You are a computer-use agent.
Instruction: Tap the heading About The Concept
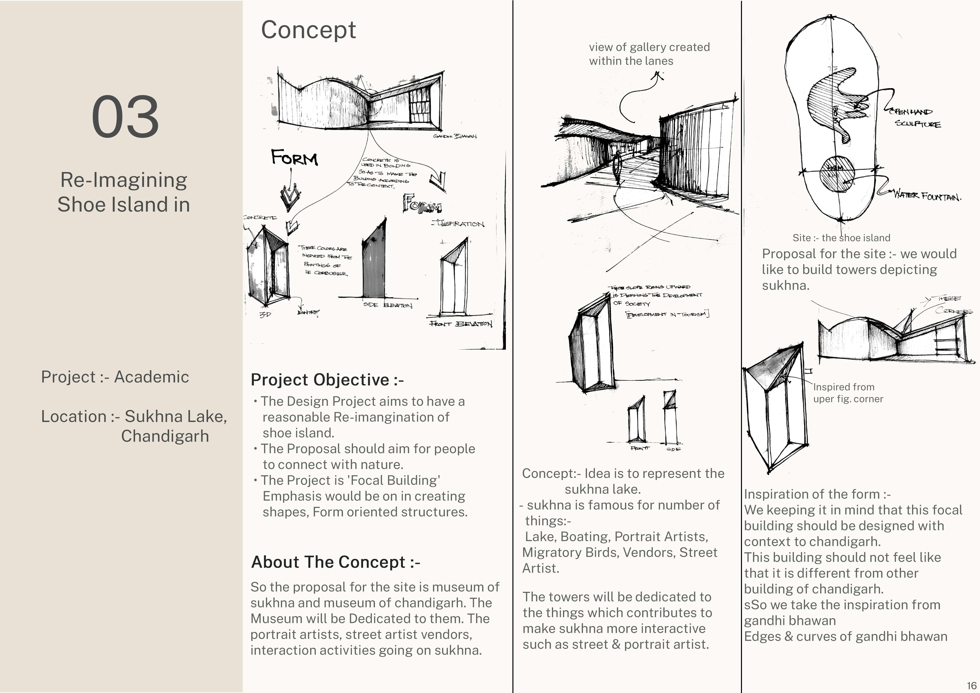(x=335, y=562)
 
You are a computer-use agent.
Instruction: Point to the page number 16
(x=971, y=685)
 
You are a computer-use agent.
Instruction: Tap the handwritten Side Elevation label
(x=388, y=305)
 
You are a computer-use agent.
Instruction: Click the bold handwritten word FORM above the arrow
(x=295, y=158)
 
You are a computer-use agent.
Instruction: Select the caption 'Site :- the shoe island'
(x=841, y=238)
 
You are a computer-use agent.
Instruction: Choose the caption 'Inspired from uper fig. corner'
(x=847, y=393)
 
